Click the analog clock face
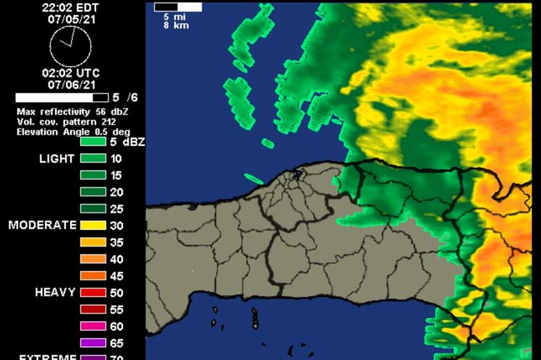70,46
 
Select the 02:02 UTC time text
70,73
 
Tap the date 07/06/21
70,85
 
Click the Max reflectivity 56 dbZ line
72,113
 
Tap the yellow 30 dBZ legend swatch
93,226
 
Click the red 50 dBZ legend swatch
93,293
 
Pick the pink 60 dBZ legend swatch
93,326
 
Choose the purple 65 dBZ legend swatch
93,343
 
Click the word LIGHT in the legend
56,158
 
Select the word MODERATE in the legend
42,225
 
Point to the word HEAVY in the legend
55,292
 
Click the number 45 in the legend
116,276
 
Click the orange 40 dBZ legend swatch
93,259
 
